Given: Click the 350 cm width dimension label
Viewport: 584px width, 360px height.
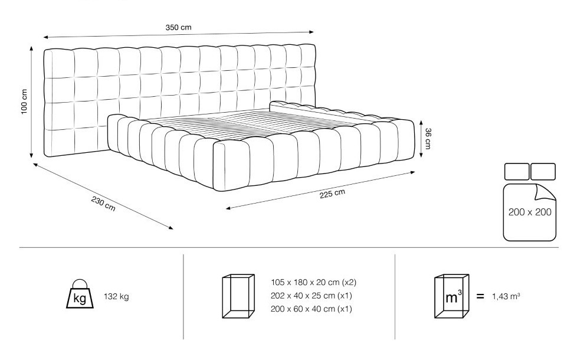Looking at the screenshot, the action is coord(178,28).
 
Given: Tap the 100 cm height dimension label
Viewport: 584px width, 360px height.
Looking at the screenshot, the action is coord(24,102).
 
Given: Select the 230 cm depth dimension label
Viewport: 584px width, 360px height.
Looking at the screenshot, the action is coord(103,204).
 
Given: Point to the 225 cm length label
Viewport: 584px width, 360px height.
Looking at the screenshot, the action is coord(332,194).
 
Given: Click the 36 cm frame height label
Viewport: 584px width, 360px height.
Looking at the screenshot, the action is coord(428,139).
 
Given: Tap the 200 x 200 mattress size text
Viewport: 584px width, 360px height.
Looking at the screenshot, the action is coord(530,212).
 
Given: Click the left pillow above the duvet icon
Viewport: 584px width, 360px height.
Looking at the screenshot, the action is coord(517,171).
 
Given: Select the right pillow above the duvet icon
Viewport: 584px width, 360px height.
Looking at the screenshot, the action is coord(543,171).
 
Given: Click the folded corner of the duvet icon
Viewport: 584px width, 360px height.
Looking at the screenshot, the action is coord(545,193).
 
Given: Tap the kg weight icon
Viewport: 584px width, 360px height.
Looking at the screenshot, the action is coord(80,294).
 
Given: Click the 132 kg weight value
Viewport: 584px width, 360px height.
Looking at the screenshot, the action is coord(117,297).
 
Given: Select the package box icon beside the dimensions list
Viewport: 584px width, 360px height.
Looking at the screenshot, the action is coord(238,296).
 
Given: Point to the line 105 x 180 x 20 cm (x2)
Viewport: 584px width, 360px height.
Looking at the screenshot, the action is coord(314,283).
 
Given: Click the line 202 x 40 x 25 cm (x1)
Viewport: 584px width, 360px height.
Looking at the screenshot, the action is coord(311,296).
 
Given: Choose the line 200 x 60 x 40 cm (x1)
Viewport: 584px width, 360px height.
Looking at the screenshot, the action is coord(311,309).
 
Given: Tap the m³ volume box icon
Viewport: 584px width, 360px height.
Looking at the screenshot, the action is coord(451,296).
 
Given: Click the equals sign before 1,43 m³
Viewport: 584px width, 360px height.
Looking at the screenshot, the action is coord(480,297).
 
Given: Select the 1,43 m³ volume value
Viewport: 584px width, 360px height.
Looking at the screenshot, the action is coord(506,297).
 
